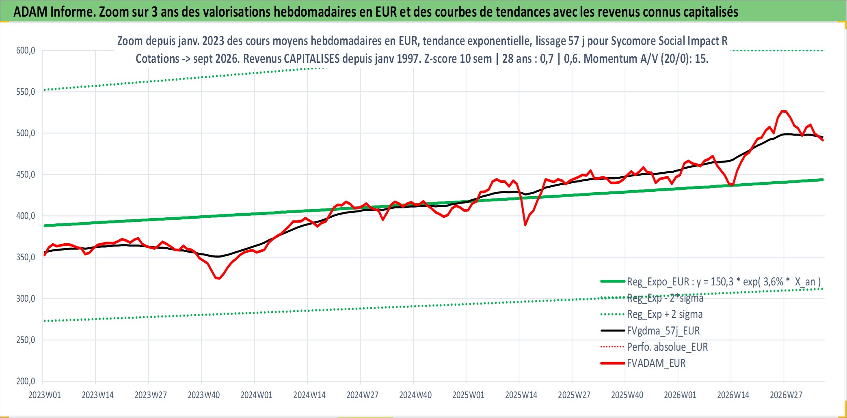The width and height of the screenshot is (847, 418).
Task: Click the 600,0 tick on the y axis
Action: (x=26, y=51)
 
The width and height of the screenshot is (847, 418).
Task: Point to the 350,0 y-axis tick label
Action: (x=26, y=257)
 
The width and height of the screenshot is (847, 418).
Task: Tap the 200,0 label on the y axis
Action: (x=26, y=382)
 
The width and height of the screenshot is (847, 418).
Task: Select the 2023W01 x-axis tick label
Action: (x=45, y=395)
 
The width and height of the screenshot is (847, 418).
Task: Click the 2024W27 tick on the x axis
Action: (x=362, y=395)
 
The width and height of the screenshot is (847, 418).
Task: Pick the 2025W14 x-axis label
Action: (x=521, y=395)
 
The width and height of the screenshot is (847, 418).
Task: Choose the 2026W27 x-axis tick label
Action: (x=786, y=395)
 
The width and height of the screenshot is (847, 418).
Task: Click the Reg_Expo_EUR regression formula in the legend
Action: (x=724, y=282)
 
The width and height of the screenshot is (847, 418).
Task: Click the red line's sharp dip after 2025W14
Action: (x=525, y=225)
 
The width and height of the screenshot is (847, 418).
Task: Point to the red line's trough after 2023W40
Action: (x=218, y=278)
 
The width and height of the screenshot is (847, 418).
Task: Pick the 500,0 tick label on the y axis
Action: (x=26, y=133)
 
